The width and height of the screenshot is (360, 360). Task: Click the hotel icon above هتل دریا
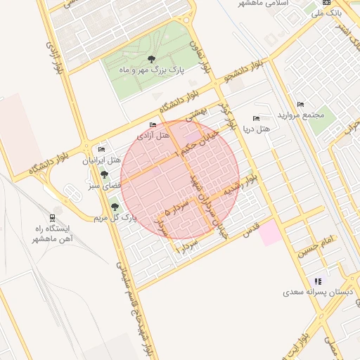256,118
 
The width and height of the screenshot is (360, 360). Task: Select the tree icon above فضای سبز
105,174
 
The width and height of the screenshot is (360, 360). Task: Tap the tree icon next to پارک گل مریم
115,207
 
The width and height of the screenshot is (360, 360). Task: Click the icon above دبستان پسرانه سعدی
317,280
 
